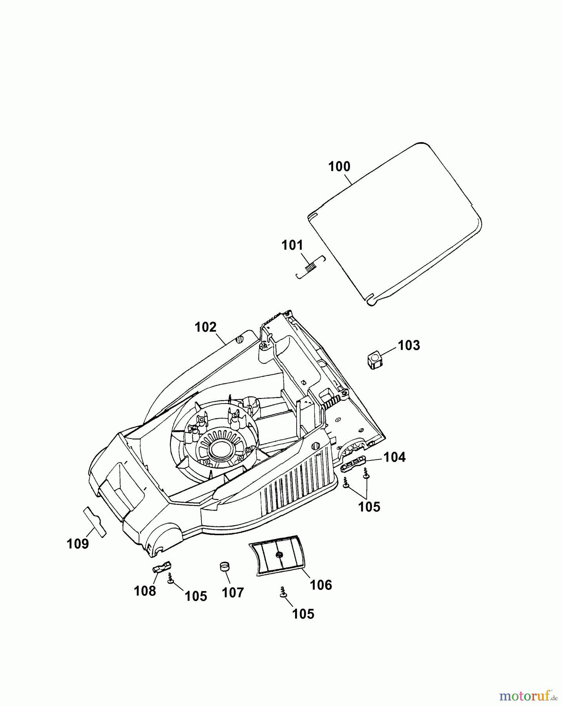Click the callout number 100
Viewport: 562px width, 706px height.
coord(339,167)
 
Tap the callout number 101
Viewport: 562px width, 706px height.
coord(292,246)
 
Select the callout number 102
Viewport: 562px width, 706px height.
coord(206,327)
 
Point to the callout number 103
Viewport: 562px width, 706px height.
coord(409,346)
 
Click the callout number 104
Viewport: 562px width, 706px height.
coord(394,457)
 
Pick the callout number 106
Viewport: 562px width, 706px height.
coord(321,585)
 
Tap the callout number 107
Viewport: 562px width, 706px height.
coord(233,593)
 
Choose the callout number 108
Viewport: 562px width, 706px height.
coord(145,591)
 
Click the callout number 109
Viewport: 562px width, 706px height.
coord(78,544)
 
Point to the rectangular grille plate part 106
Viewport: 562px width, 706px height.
coord(277,555)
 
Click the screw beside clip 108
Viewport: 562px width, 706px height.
coord(170,579)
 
